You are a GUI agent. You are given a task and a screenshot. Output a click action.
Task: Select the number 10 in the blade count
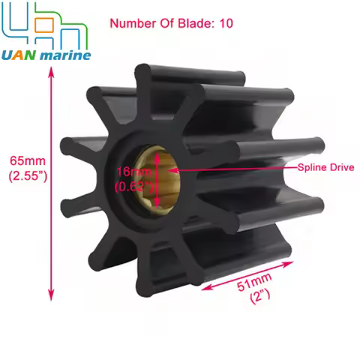point(225,23)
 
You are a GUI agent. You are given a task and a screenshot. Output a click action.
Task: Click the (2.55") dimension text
point(26,176)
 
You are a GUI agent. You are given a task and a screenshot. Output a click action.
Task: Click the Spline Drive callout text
point(325,168)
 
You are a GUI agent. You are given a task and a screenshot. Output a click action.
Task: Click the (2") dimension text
point(264,297)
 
